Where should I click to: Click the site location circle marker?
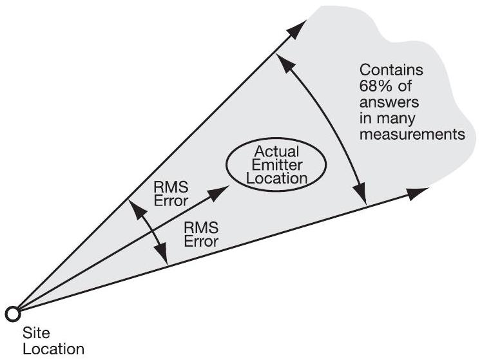point(11,314)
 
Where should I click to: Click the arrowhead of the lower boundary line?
point(421,191)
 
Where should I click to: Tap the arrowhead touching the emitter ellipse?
point(221,188)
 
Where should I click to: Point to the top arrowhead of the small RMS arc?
point(133,205)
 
